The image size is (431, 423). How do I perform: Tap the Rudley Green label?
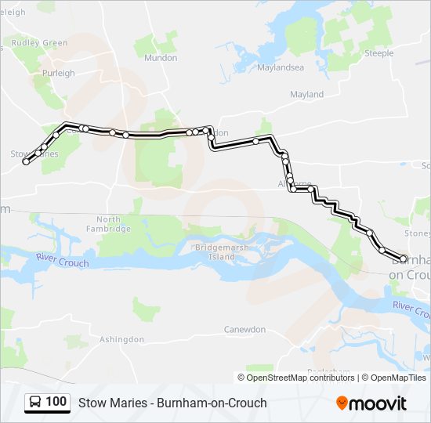[39, 43]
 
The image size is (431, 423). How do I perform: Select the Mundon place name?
[161, 58]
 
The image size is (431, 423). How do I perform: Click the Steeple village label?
[378, 53]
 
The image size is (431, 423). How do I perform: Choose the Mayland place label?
[306, 95]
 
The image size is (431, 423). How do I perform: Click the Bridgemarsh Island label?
[215, 251]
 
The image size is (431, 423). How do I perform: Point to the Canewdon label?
[245, 330]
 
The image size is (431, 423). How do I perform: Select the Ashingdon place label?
[121, 339]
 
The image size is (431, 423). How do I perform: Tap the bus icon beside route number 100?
[36, 403]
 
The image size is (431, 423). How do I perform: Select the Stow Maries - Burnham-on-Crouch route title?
[172, 403]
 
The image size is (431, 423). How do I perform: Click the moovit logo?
[371, 403]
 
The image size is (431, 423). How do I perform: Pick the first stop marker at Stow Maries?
[26, 161]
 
